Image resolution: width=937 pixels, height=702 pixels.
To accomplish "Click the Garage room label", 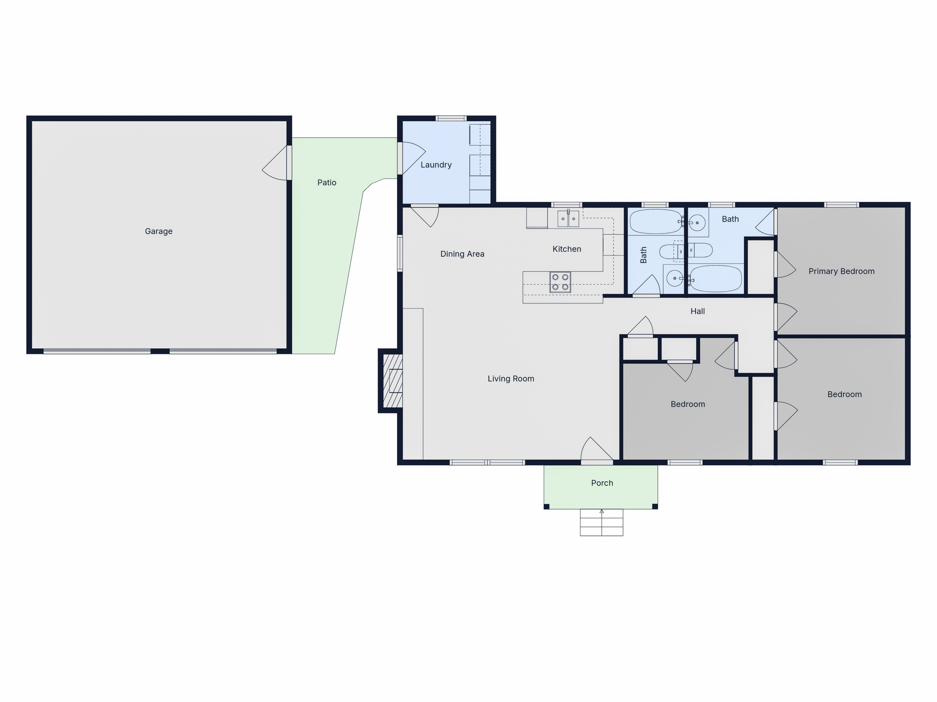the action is [x=159, y=231].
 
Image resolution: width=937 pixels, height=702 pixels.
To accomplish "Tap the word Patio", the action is [x=327, y=182].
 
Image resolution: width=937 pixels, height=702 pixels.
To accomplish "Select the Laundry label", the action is [x=436, y=165].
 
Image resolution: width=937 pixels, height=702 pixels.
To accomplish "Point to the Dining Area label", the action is [x=462, y=254].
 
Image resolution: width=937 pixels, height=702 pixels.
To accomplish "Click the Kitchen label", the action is [x=567, y=249].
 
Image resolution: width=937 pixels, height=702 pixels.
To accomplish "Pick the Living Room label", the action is [x=511, y=379].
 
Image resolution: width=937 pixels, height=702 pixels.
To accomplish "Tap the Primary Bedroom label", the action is [x=841, y=271].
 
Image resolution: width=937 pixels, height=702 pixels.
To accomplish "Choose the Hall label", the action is [x=698, y=311].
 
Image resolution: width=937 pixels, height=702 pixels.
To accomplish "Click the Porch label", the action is [x=602, y=483].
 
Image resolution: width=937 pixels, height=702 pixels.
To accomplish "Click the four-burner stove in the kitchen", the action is [x=560, y=282].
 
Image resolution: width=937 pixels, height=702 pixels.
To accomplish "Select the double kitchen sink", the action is [x=568, y=218].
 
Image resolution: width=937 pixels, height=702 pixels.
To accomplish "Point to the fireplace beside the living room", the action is [x=392, y=381].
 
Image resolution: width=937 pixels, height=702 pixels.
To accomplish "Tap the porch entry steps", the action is [x=602, y=522].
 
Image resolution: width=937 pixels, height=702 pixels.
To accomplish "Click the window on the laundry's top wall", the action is [x=451, y=118].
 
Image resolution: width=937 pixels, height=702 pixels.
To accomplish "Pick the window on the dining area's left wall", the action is [x=400, y=253].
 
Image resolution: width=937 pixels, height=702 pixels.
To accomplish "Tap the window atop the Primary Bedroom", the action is [x=841, y=205].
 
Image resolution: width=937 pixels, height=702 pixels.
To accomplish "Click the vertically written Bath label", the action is [x=643, y=255].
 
